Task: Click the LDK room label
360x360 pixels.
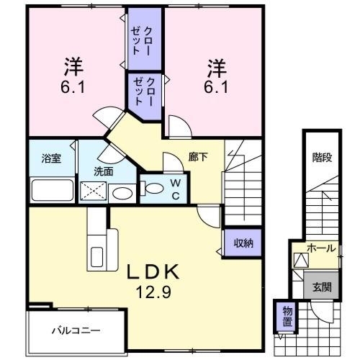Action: (x=153, y=271)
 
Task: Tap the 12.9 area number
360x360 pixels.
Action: (x=153, y=292)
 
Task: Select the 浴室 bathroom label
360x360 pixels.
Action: (x=51, y=158)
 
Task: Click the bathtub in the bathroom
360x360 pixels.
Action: (x=53, y=190)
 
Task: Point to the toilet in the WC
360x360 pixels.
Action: (x=152, y=189)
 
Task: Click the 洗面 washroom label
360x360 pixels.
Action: (x=104, y=171)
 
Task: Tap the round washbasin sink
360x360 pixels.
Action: (x=122, y=194)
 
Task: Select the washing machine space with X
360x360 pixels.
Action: (x=93, y=191)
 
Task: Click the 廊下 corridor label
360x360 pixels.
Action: (x=198, y=157)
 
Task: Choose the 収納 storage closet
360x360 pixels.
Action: (x=243, y=243)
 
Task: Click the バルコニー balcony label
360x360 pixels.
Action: (x=76, y=331)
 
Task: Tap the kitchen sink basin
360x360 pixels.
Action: (x=96, y=257)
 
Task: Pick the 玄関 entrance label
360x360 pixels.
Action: (x=322, y=287)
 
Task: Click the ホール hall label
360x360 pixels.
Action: (x=322, y=248)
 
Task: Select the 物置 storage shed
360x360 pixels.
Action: (x=287, y=317)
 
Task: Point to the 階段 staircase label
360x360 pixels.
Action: (x=322, y=158)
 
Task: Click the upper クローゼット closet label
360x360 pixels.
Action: (x=141, y=41)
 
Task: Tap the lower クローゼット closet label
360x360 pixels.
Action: (x=143, y=91)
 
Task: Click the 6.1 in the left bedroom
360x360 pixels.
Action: (x=73, y=87)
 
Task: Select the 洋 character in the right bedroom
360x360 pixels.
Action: (x=217, y=68)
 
